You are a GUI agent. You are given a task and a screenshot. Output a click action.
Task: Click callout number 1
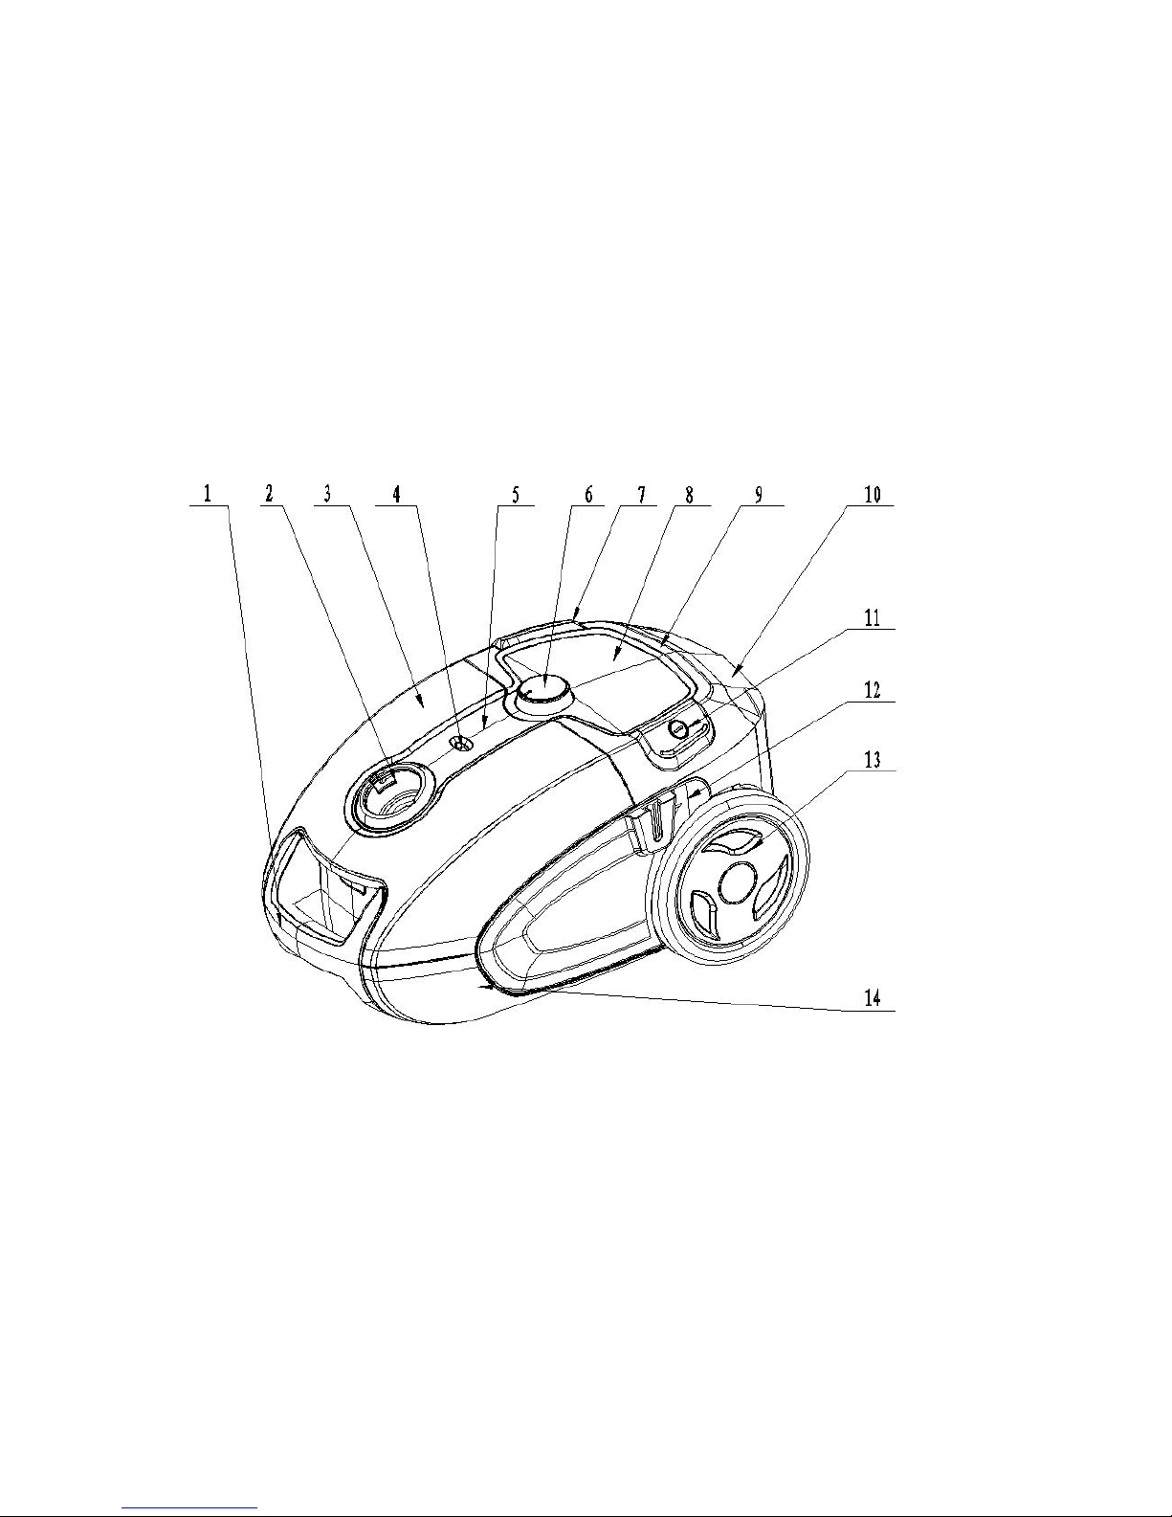(x=208, y=494)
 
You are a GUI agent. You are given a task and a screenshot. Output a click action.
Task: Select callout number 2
(x=269, y=494)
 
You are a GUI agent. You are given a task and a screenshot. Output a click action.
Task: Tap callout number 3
(x=326, y=494)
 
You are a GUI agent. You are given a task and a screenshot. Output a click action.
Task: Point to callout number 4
(x=396, y=494)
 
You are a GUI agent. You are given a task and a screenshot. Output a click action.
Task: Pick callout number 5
(x=516, y=494)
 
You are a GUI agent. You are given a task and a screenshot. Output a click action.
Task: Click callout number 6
(x=588, y=494)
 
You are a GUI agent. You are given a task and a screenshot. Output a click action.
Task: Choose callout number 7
(x=641, y=494)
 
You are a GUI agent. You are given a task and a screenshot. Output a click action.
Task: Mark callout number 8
(x=689, y=494)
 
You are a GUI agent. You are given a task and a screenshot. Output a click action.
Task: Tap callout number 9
(x=759, y=494)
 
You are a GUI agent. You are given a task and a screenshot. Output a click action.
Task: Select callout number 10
(x=873, y=494)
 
